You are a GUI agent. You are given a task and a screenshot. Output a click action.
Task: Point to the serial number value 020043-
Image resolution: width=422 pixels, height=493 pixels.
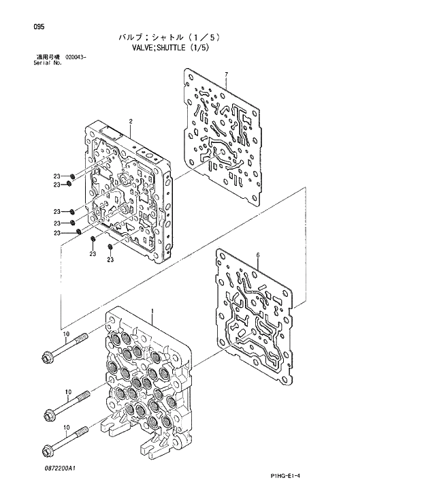point(76,57)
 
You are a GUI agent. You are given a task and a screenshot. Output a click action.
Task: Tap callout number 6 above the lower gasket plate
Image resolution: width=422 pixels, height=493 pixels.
point(258,255)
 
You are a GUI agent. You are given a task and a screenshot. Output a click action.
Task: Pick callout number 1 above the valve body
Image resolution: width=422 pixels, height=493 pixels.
point(152,311)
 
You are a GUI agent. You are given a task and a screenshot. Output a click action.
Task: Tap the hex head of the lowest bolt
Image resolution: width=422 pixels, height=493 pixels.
point(48,449)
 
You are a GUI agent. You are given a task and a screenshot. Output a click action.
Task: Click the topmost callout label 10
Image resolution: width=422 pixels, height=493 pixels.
point(66,334)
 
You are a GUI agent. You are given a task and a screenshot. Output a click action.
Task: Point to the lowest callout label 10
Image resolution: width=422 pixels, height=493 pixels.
point(66,427)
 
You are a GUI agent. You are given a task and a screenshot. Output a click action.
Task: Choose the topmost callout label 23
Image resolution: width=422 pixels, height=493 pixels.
point(58,176)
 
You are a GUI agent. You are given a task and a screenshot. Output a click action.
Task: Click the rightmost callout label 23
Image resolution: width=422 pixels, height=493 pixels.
point(110,259)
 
